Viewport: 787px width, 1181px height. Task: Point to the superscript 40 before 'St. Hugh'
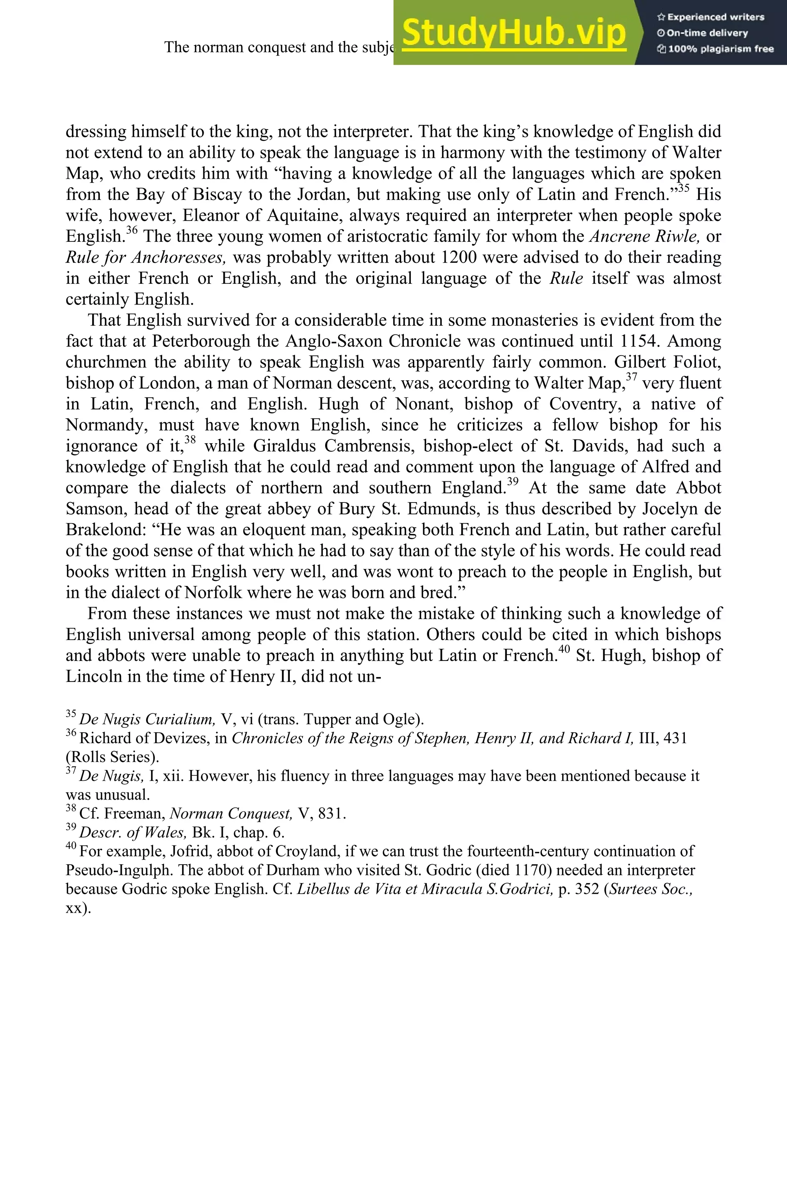tap(564, 650)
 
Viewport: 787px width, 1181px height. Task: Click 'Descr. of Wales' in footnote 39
tap(133, 833)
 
